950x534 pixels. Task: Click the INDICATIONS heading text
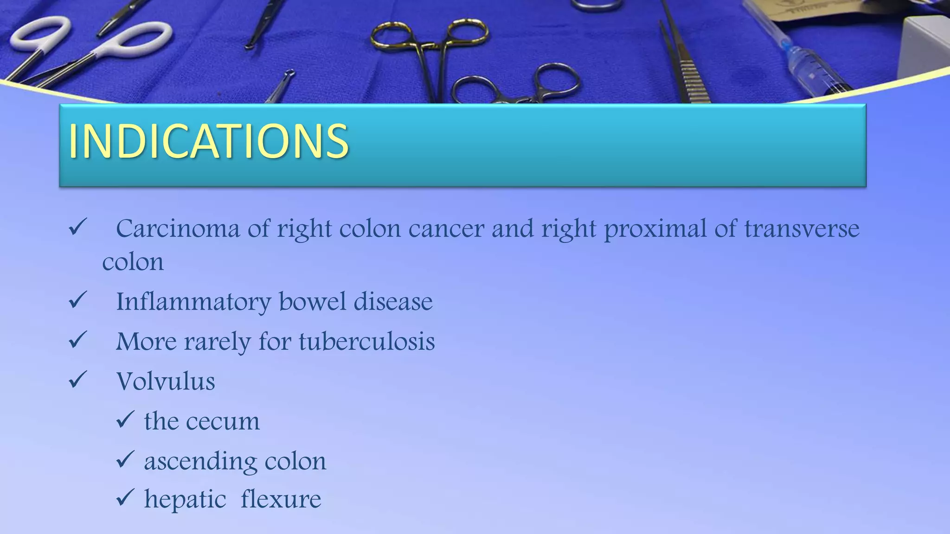208,141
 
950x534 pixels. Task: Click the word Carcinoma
178,229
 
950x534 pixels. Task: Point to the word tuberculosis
366,342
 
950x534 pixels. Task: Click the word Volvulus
166,381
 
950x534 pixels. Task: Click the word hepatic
185,499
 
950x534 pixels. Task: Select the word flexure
281,499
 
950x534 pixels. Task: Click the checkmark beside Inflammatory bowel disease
77,300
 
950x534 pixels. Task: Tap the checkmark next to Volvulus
77,380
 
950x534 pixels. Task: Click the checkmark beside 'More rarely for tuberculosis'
77,340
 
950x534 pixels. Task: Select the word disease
393,302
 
